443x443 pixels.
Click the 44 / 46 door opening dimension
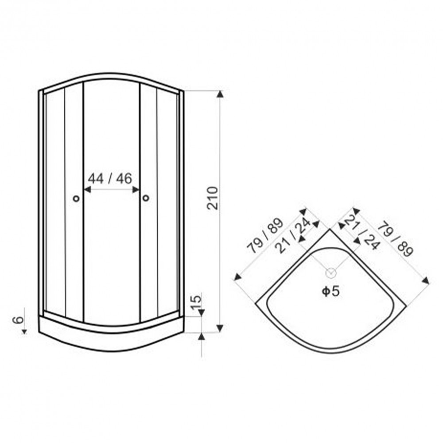pyautogui.click(x=110, y=178)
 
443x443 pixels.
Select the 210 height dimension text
pyautogui.click(x=213, y=198)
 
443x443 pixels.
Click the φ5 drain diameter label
pyautogui.click(x=330, y=291)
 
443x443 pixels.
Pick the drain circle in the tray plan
pyautogui.click(x=331, y=273)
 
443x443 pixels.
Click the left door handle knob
pyautogui.click(x=76, y=198)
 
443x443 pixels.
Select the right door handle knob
pyautogui.click(x=146, y=198)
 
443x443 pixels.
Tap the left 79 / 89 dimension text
pyautogui.click(x=265, y=236)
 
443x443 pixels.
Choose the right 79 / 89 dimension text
pyautogui.click(x=396, y=239)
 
